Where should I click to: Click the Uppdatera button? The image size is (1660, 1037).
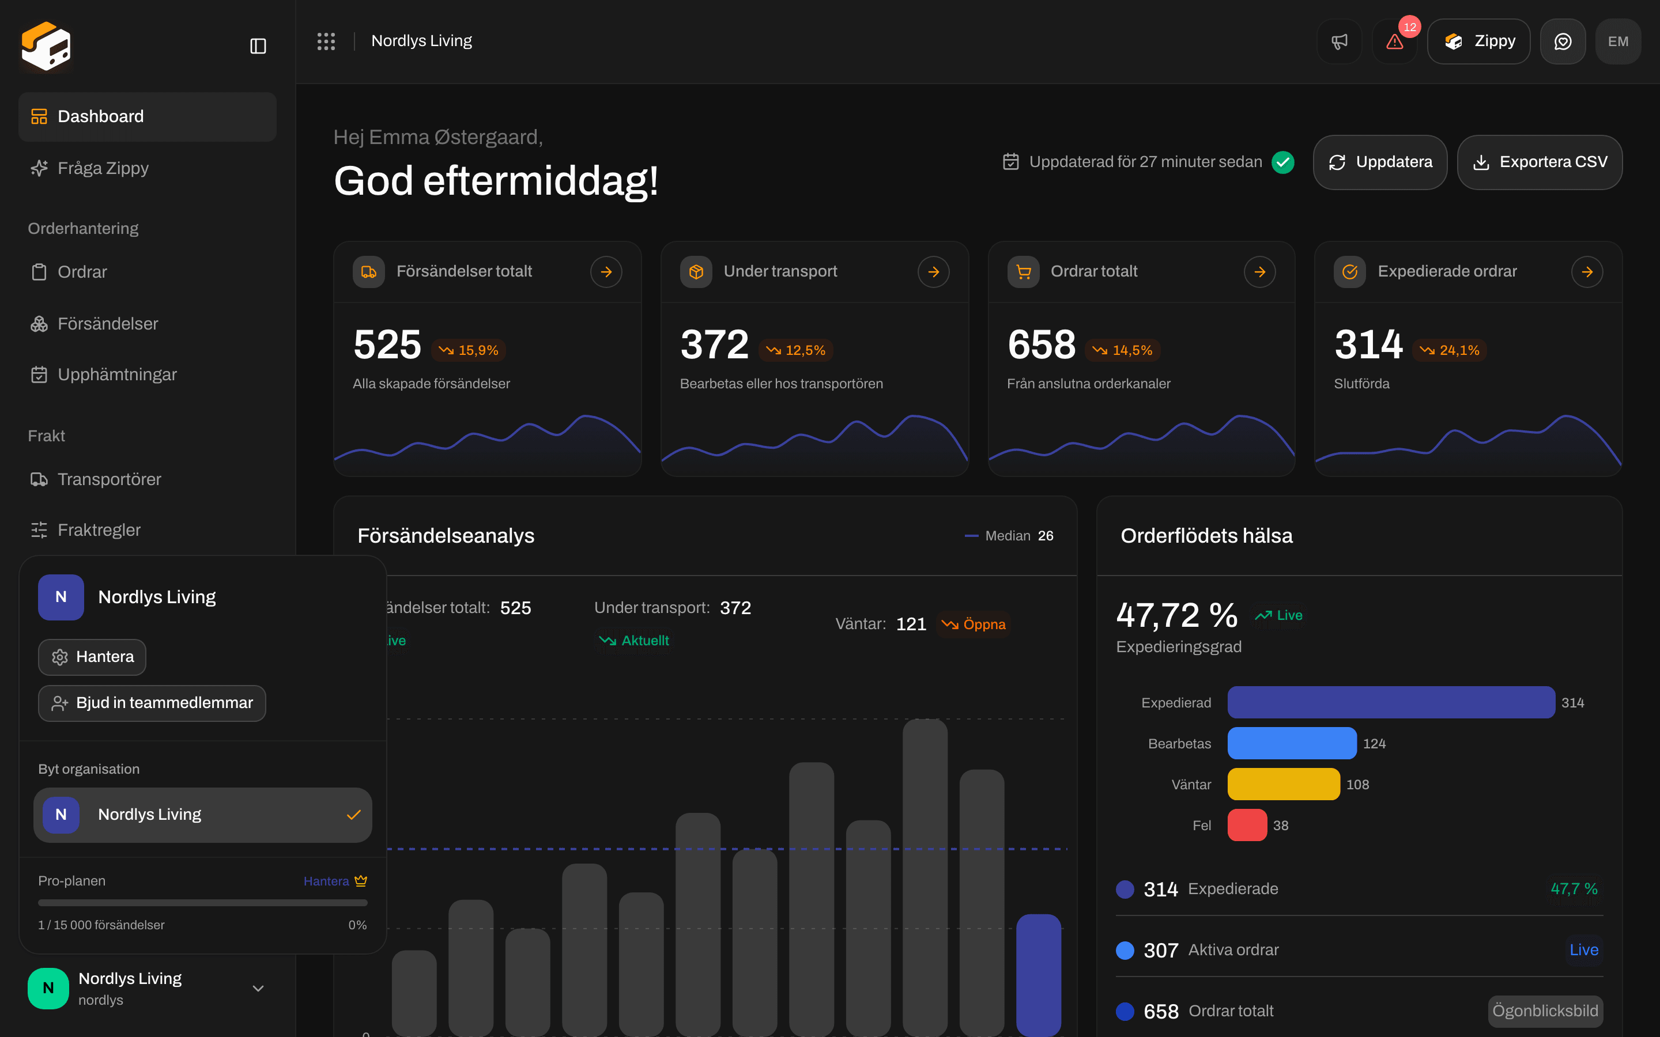click(x=1379, y=162)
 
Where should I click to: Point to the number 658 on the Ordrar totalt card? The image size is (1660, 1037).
click(x=1042, y=345)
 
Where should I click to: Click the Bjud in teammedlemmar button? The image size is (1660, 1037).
click(x=152, y=703)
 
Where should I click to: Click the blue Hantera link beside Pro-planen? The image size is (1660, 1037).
click(x=326, y=881)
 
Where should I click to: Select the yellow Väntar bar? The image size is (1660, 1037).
click(x=1284, y=784)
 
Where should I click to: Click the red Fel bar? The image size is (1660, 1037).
click(x=1247, y=825)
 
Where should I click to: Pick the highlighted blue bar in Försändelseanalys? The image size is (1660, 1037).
click(x=1039, y=975)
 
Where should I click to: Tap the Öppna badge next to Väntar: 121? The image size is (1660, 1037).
click(x=974, y=624)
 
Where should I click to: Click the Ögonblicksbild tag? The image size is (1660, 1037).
click(x=1545, y=1011)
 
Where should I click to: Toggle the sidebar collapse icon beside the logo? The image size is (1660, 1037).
click(x=258, y=46)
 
